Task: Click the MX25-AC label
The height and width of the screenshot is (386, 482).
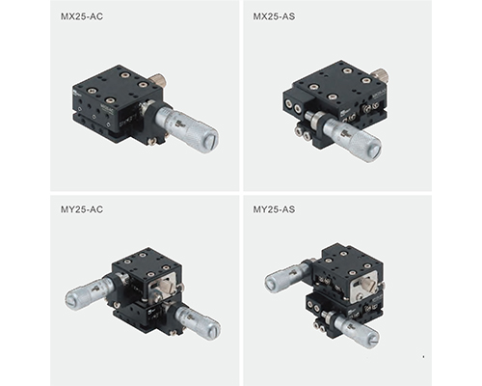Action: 82,16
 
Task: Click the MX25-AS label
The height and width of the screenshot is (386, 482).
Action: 274,16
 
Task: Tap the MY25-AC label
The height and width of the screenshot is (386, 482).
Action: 82,209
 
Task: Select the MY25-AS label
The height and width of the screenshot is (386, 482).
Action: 274,209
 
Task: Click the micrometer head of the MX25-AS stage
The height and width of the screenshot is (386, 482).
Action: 349,138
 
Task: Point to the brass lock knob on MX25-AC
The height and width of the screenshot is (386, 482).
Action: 157,79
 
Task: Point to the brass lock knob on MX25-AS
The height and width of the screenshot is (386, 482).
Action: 381,76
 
